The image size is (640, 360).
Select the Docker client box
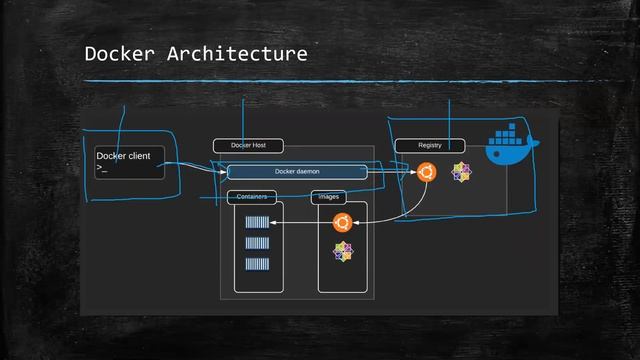point(128,163)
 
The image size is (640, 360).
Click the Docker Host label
point(248,146)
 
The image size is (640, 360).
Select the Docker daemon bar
point(297,172)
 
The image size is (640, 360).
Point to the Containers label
point(251,197)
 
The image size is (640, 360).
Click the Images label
point(328,197)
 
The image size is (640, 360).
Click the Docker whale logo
point(511,145)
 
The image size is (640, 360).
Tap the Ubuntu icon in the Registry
point(427,172)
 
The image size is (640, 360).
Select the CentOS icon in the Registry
point(460,172)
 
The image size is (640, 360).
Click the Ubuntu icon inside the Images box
point(341,223)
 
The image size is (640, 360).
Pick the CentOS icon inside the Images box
point(343,251)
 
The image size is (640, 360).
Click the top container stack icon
point(257,223)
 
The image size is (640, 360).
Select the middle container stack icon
point(257,243)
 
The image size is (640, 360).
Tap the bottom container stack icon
point(257,264)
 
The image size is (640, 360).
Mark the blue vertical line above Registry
point(450,118)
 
